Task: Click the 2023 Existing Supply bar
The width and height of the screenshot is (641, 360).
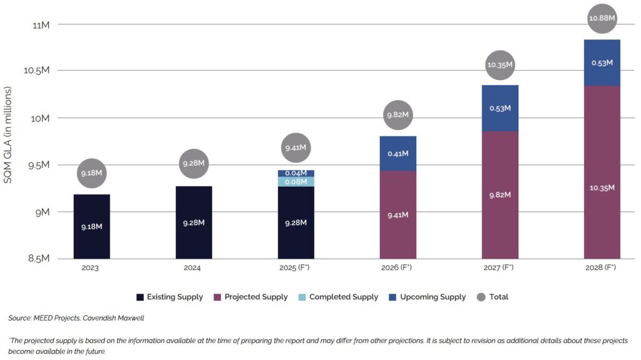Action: point(91,226)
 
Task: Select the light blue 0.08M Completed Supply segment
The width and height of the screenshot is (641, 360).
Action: point(296,182)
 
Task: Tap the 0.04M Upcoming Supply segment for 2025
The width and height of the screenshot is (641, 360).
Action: point(296,173)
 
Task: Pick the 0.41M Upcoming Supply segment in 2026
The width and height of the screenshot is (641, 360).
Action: point(398,153)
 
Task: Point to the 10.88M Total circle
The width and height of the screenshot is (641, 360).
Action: point(602,19)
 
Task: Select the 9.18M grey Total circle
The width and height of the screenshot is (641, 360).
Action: point(92,173)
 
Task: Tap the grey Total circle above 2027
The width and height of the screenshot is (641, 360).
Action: point(500,64)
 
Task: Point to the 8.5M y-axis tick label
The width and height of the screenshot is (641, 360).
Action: point(38,259)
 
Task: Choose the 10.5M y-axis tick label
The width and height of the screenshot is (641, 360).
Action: point(37,71)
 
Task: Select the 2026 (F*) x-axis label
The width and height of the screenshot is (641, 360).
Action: point(397,267)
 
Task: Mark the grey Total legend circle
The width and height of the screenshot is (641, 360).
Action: point(481,297)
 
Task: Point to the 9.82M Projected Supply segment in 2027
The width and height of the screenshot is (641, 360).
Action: point(500,195)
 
